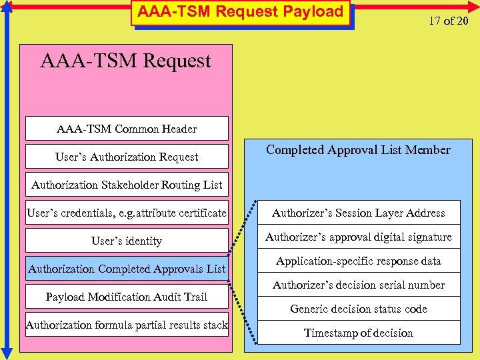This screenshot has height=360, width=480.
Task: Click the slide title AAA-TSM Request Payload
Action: pyautogui.click(x=241, y=12)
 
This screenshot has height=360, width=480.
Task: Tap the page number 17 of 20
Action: pyautogui.click(x=448, y=21)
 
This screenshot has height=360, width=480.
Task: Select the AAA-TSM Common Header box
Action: pyautogui.click(x=127, y=129)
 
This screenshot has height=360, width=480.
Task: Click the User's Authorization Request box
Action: pyautogui.click(x=127, y=157)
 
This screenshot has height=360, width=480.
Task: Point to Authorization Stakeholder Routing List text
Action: pyautogui.click(x=127, y=185)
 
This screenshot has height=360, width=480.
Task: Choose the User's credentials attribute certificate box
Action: pyautogui.click(x=127, y=213)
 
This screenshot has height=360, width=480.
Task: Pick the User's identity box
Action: pyautogui.click(x=127, y=241)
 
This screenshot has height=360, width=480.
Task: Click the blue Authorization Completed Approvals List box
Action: pyautogui.click(x=127, y=269)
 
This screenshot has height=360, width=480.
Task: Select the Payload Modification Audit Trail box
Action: pyautogui.click(x=127, y=297)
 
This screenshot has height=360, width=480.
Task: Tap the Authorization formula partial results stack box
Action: pyautogui.click(x=127, y=325)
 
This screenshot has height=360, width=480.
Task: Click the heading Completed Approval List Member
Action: pyautogui.click(x=358, y=150)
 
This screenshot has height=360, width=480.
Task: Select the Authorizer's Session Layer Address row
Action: pyautogui.click(x=359, y=213)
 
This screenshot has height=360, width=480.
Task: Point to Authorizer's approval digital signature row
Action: pyautogui.click(x=359, y=237)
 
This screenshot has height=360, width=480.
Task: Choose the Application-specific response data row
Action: pyautogui.click(x=359, y=261)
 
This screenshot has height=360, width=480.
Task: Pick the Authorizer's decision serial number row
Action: pyautogui.click(x=359, y=285)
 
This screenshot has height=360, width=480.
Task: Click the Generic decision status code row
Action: pyautogui.click(x=359, y=309)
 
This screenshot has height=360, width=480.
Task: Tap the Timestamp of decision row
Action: pyautogui.click(x=359, y=333)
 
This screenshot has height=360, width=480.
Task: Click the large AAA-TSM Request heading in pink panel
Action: pyautogui.click(x=125, y=61)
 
